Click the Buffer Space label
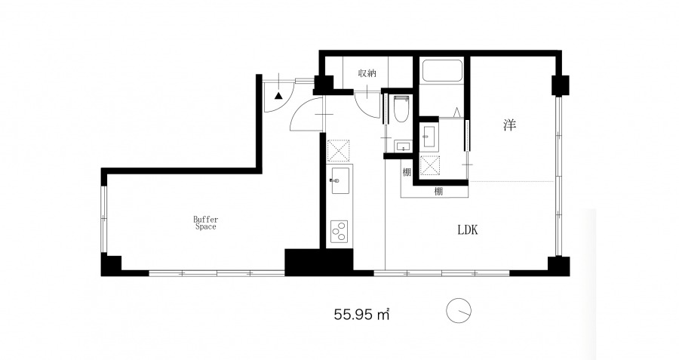205,223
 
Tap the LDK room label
468,229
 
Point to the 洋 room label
510,125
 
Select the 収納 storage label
367,73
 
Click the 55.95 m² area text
361,314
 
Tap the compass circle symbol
459,311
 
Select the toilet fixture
401,109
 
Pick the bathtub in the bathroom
442,71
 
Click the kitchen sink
340,180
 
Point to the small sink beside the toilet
403,146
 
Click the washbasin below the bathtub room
430,137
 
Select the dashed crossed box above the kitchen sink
338,151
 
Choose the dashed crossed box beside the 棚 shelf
429,165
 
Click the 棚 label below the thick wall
438,191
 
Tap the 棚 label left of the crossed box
407,172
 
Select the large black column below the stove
318,262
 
